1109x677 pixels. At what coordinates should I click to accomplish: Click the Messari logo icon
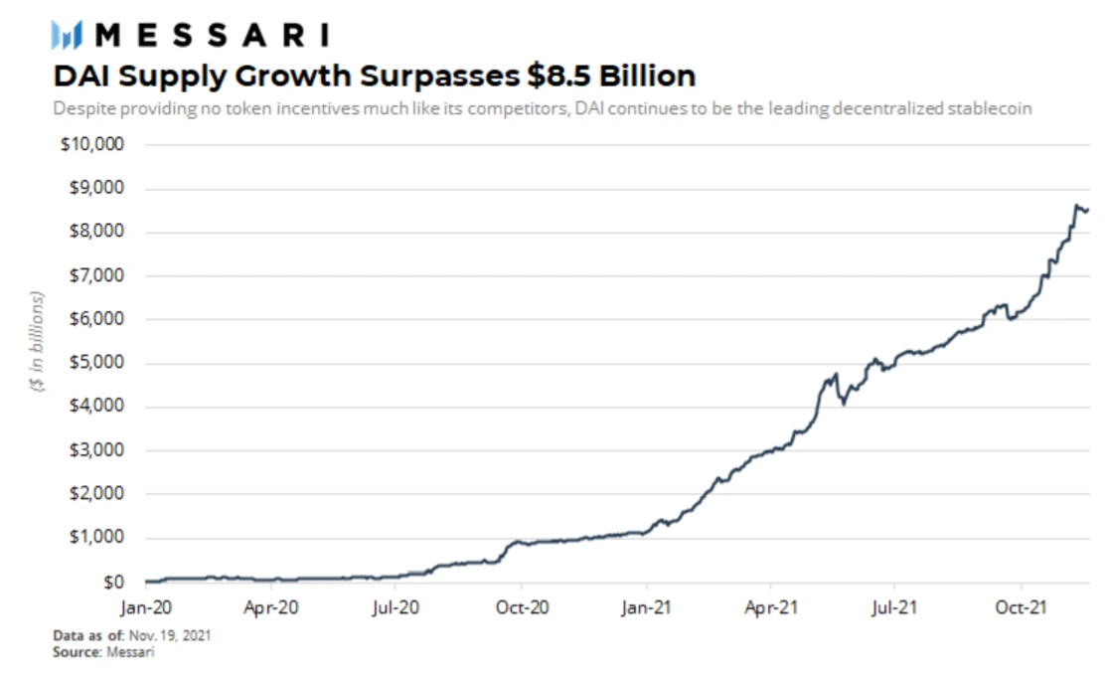click(66, 37)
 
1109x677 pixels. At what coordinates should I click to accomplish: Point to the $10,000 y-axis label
click(92, 144)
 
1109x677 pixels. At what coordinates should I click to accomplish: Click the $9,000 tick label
click(95, 188)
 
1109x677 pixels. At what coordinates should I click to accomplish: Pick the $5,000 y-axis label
click(95, 363)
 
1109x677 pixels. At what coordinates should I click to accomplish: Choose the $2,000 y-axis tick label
click(95, 494)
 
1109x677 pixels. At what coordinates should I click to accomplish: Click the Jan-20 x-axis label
click(146, 604)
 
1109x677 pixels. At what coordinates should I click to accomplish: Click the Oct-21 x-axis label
click(1020, 604)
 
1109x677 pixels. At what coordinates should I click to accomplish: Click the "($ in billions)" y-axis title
click(38, 342)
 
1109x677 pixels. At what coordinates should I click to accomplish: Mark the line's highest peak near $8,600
click(1077, 205)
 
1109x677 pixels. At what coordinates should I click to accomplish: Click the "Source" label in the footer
click(74, 652)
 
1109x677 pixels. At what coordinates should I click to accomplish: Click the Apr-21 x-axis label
click(770, 604)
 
